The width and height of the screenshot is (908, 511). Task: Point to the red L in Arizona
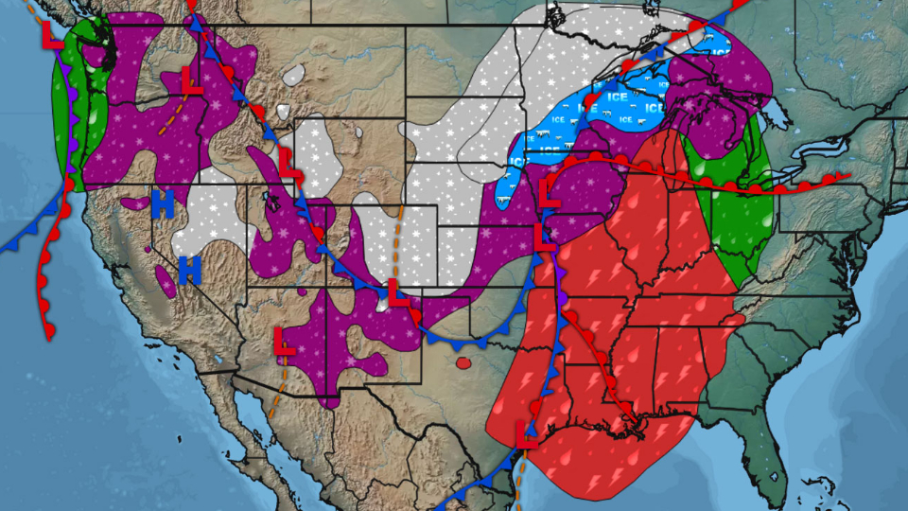coord(284,341)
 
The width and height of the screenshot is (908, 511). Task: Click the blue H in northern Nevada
coord(163,204)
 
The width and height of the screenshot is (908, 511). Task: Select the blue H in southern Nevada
coord(190,270)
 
